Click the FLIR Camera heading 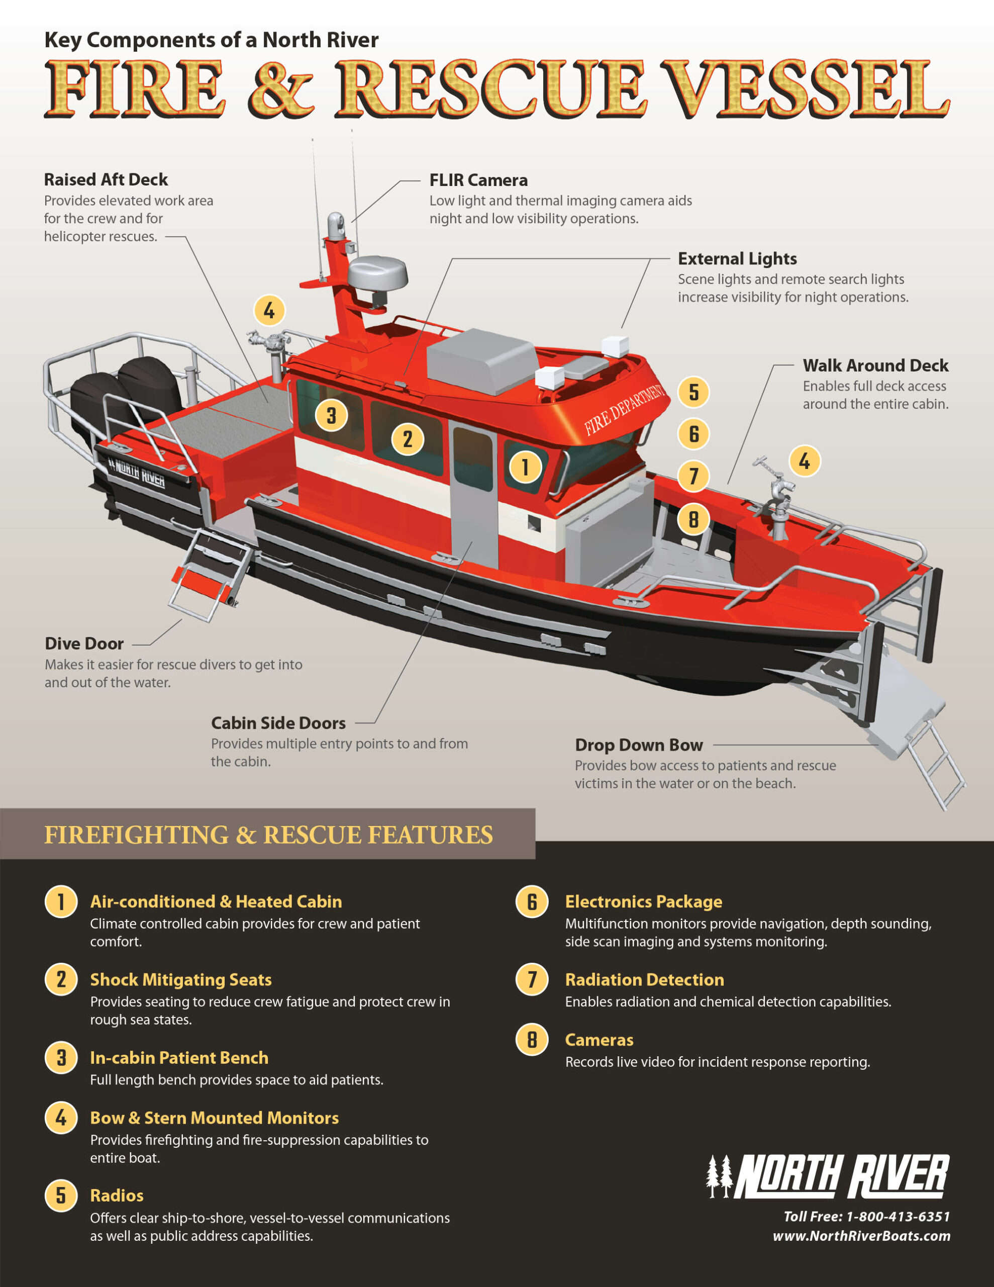click(478, 180)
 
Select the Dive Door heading click(84, 643)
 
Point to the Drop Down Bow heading click(639, 745)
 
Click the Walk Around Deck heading click(875, 365)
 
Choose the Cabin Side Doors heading click(278, 723)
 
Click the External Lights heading click(737, 259)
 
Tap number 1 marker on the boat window click(525, 468)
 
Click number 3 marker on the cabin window click(331, 415)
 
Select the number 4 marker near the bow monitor click(804, 461)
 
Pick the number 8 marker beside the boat click(693, 519)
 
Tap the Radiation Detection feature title click(644, 979)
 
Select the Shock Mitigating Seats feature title click(180, 979)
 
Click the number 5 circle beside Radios click(61, 1195)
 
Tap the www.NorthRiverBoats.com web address click(861, 1236)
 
